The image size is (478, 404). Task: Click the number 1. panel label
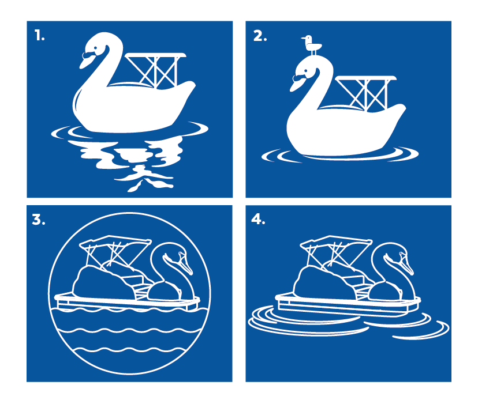39,35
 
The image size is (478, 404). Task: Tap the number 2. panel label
260,36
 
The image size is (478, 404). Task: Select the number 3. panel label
39,219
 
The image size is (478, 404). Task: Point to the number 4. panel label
258,219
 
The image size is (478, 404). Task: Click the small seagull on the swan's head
312,46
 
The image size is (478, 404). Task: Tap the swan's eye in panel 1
96,48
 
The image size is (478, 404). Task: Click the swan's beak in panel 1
87,59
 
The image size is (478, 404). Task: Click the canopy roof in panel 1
155,55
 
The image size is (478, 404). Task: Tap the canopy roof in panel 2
366,78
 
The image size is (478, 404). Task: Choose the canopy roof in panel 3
115,241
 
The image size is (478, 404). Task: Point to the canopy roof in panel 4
336,241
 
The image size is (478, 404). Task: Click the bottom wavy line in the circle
129,349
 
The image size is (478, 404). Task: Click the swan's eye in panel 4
401,253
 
